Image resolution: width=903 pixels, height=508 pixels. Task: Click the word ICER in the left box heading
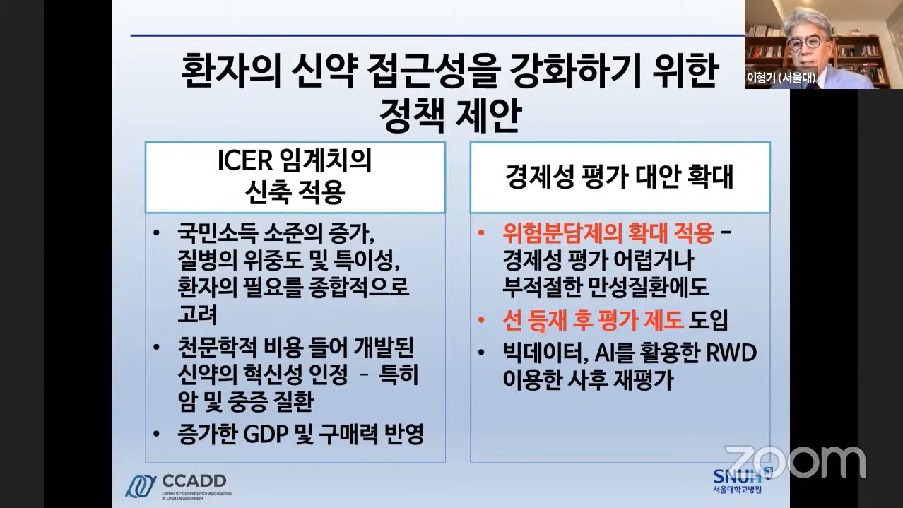245,160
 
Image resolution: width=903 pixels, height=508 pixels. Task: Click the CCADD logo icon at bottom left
141,486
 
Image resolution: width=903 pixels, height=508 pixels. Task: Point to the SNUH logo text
737,476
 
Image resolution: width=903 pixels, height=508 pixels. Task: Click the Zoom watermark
795,462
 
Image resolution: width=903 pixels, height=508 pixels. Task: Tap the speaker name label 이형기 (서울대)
781,78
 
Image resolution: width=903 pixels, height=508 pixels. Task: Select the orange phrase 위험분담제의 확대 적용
608,233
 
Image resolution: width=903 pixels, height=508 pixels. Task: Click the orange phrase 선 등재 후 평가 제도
593,320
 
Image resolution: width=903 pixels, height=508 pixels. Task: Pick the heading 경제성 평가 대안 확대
620,177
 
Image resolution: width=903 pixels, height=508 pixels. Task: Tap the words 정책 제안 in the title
451,115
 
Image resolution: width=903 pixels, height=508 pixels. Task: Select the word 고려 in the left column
198,314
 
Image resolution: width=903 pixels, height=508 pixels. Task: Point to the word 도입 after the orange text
709,320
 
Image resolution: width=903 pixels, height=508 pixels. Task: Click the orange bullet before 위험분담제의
480,233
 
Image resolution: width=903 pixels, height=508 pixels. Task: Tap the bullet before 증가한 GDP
157,435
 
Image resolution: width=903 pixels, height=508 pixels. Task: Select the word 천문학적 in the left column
218,348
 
